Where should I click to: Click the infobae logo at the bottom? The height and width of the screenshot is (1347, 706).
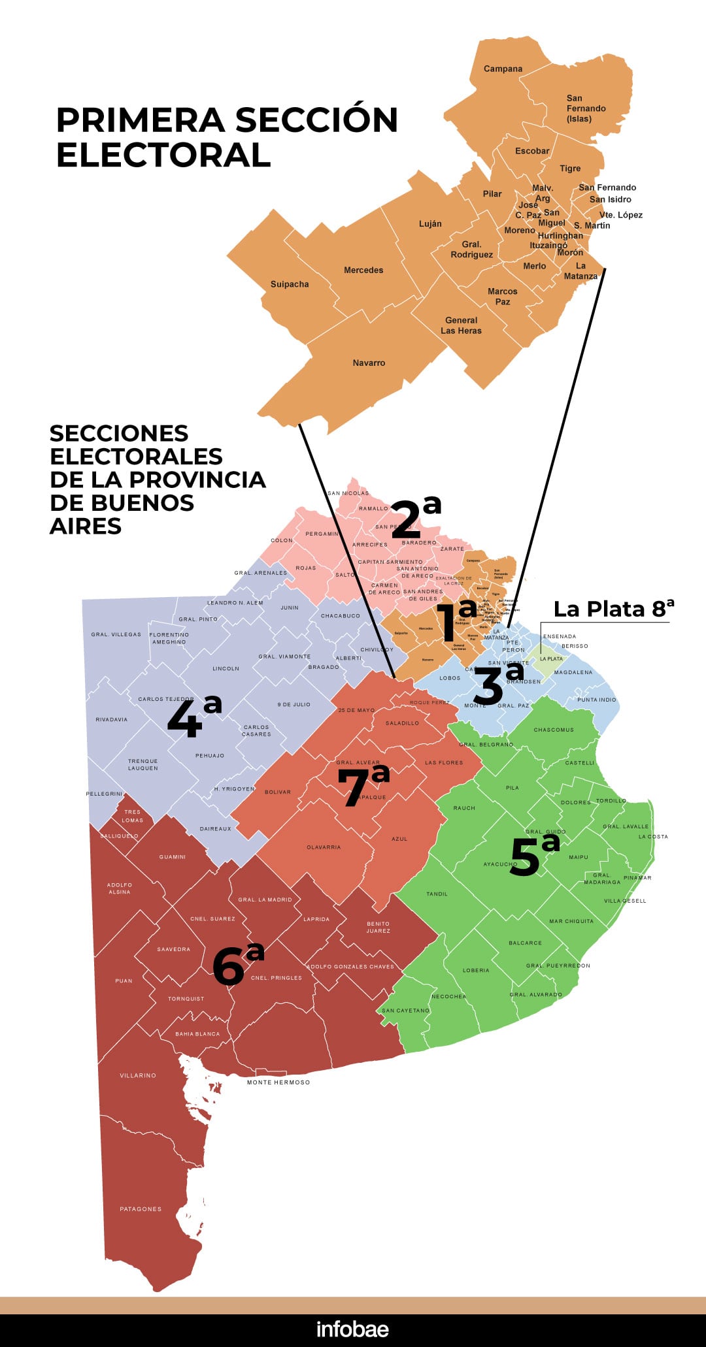point(352,1329)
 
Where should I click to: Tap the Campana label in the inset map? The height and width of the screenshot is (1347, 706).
point(503,69)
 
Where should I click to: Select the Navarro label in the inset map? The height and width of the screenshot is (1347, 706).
point(369,363)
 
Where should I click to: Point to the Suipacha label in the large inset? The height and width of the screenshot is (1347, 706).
point(290,284)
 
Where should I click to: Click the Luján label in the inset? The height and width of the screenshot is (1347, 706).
point(430,223)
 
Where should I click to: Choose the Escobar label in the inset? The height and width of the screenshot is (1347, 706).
point(532,151)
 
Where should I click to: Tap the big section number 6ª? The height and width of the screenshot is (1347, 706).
point(237,964)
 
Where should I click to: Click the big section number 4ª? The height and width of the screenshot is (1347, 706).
point(193,717)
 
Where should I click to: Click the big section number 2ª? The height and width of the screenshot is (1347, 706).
point(415,517)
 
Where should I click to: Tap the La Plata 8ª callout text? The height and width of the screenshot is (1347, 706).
point(613,609)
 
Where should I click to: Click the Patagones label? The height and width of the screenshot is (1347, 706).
point(141,1209)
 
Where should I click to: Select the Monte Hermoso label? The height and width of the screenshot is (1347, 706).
point(278,1082)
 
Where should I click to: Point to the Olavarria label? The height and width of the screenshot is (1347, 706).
point(324,847)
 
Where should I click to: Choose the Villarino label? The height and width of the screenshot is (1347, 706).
point(138,1075)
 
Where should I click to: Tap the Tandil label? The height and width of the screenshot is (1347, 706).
point(437,894)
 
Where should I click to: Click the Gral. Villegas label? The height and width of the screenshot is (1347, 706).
point(116,634)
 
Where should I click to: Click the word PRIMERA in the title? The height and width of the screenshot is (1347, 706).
point(140,120)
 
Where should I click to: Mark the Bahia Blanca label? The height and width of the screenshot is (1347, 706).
point(197,1034)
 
